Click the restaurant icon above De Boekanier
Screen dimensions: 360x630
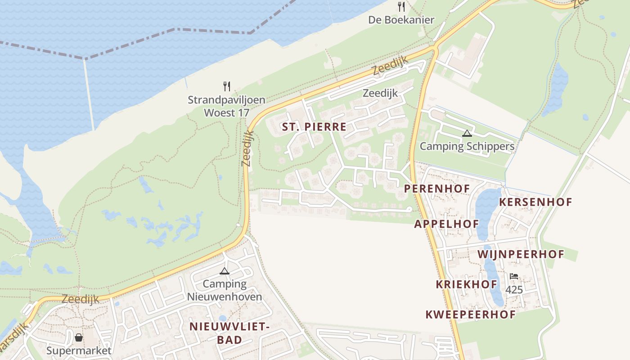tap(401, 6)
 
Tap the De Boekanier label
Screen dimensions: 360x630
tap(401, 20)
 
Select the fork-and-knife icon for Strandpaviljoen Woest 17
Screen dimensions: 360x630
tap(227, 86)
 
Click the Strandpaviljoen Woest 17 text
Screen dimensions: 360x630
tap(226, 106)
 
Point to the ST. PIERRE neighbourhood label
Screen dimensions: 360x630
tap(314, 127)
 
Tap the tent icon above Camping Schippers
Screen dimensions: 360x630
tap(467, 133)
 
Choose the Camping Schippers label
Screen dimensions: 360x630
tap(467, 146)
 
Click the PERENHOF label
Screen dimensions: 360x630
tap(437, 189)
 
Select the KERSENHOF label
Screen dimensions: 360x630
tap(535, 202)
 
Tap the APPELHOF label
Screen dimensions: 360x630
tap(446, 224)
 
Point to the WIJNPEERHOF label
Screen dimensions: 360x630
tap(521, 254)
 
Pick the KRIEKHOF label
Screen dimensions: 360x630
tap(466, 284)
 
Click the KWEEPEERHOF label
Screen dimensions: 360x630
tap(471, 315)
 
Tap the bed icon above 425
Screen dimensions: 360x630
tap(514, 276)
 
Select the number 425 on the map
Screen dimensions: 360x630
tap(514, 289)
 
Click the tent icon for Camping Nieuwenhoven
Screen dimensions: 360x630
tap(224, 271)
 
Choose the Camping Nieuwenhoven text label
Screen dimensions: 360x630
tap(224, 290)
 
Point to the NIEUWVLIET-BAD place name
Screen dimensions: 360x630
tap(229, 333)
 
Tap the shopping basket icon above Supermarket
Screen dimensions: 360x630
tap(79, 337)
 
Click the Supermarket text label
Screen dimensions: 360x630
tap(79, 351)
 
